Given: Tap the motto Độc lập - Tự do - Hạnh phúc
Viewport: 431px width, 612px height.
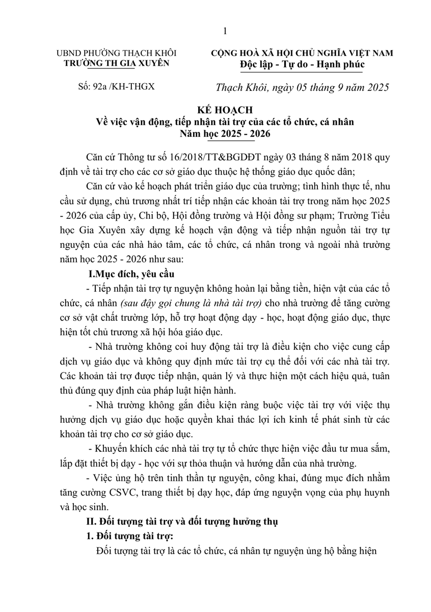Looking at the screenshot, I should [303, 64].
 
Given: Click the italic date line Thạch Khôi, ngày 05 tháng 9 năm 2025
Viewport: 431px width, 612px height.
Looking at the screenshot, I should [303, 87].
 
